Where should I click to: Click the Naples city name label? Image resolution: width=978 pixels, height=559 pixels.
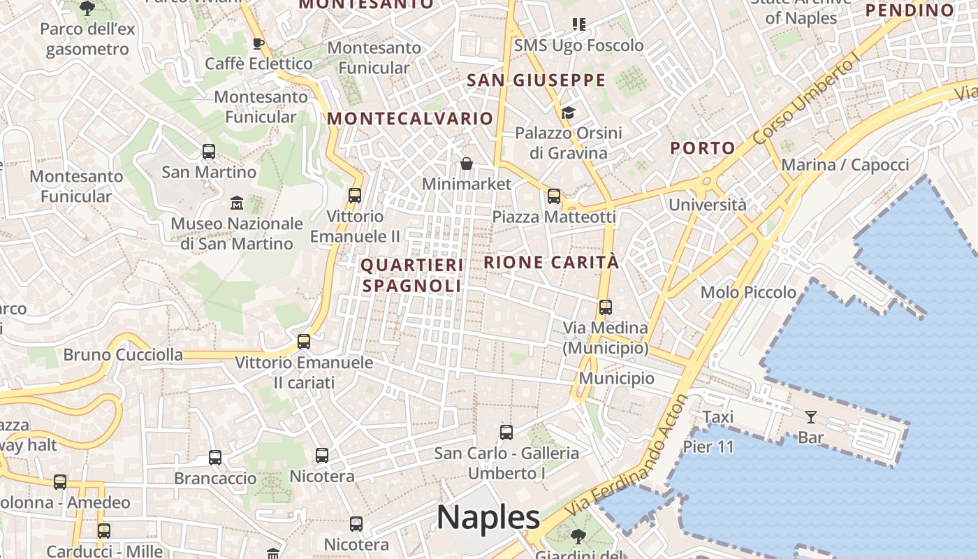pos(488,518)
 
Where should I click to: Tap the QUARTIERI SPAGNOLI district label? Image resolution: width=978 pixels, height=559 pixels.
pos(412,275)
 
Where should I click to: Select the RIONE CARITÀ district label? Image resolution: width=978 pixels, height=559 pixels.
pos(551,262)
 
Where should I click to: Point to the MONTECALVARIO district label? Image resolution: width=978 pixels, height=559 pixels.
pos(410,119)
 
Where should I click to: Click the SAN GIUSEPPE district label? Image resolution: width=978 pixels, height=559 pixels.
pos(536,80)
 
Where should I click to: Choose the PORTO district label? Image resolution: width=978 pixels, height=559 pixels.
pos(703,148)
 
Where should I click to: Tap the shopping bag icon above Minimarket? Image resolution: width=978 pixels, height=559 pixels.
pos(467,164)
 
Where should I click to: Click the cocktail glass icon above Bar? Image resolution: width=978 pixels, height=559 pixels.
pos(810,417)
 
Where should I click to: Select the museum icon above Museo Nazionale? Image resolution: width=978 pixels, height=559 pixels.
pos(237,203)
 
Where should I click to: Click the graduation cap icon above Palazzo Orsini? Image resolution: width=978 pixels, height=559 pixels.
pos(568,112)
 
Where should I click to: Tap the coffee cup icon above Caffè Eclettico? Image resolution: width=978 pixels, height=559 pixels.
pos(258,43)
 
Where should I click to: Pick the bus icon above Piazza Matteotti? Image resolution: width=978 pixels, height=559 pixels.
pos(554,196)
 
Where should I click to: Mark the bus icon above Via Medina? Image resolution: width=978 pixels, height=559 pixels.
pos(605,307)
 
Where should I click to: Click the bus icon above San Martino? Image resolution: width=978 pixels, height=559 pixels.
pos(208,151)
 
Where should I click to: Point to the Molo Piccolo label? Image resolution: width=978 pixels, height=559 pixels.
pos(748,292)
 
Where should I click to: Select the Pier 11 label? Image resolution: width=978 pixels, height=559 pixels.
pos(708,447)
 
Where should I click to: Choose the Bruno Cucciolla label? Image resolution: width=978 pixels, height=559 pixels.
pos(123,355)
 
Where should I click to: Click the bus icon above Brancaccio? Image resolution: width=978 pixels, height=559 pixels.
pos(215,458)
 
